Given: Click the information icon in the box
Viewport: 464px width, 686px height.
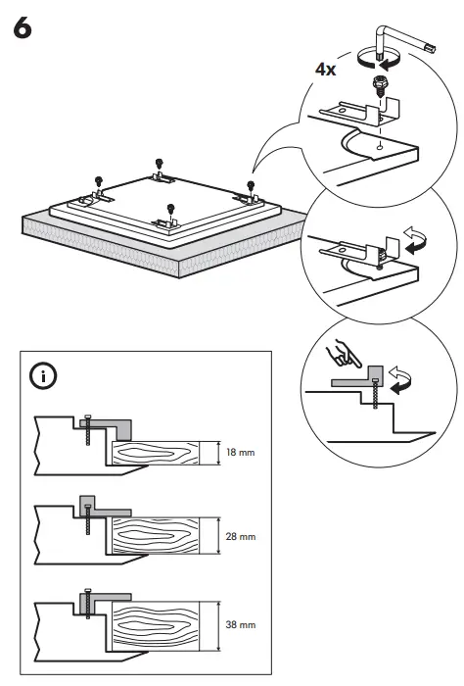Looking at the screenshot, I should click(44, 374).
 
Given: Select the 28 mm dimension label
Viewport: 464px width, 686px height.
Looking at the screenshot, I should click(241, 537).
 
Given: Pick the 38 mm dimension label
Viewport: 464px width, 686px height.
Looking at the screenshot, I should click(241, 623).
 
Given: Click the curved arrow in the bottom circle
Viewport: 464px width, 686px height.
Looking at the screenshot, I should click(400, 377).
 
